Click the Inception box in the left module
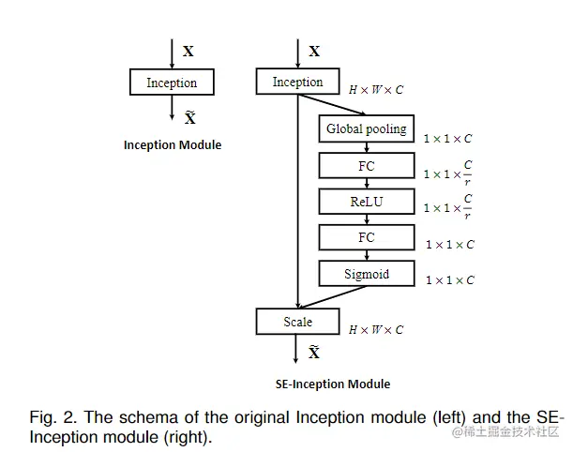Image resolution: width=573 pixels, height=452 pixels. click(172, 83)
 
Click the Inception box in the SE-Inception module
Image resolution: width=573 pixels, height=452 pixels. click(297, 83)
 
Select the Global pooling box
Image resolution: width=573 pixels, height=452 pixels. click(366, 128)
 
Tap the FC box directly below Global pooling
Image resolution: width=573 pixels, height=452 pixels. click(366, 165)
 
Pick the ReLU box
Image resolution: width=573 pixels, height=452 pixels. click(366, 202)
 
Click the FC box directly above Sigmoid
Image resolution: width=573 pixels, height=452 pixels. click(366, 237)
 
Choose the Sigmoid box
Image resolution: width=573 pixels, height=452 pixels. click(366, 274)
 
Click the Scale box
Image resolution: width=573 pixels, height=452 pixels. click(297, 322)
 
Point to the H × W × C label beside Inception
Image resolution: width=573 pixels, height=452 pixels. click(376, 90)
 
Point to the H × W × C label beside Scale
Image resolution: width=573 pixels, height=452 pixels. click(376, 329)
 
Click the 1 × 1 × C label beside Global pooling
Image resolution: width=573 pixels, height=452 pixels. click(448, 139)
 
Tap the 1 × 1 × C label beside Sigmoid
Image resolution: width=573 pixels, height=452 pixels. click(450, 279)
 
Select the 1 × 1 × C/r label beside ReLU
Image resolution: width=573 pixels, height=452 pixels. click(448, 207)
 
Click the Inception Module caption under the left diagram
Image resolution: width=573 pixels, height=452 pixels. click(173, 145)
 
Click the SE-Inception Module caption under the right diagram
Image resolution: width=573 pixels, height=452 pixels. click(333, 384)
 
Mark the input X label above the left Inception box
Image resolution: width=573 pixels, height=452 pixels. click(188, 52)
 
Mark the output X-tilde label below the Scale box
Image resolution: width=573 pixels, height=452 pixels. click(314, 353)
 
